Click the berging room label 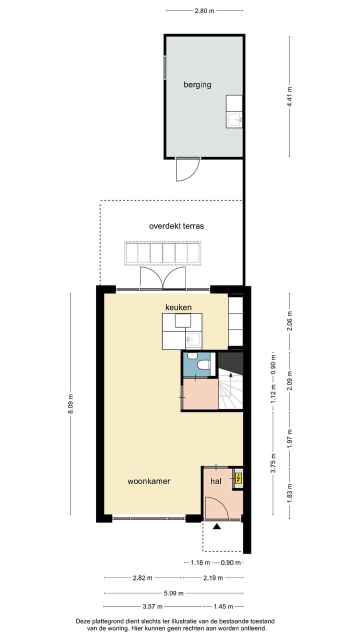[x=197, y=84]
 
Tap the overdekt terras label [x=176, y=226]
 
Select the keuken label [x=178, y=307]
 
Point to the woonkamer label [x=148, y=481]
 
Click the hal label [x=215, y=481]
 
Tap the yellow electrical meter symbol [x=238, y=478]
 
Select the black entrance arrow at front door [x=216, y=526]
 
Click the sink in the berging [x=234, y=119]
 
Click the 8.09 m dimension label [x=70, y=403]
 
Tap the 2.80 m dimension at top [x=204, y=10]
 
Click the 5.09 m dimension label [x=174, y=593]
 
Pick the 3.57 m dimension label [x=152, y=607]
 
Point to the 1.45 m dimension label [x=223, y=607]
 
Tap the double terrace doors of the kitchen [x=163, y=278]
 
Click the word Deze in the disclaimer [x=84, y=620]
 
